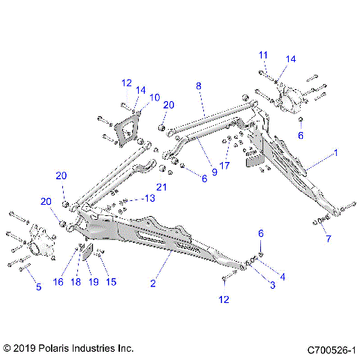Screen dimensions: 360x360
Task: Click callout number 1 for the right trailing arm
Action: point(335,152)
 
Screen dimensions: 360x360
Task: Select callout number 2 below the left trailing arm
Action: point(153,283)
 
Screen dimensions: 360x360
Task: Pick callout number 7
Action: point(327,238)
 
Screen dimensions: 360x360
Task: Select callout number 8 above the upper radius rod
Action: point(199,86)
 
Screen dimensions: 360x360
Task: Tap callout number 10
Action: point(154,97)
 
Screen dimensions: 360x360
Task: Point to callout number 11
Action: point(263,55)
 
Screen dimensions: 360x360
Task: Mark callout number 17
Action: point(224,165)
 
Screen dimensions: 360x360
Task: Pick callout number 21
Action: point(160,187)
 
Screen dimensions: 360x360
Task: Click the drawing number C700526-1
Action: point(331,349)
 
